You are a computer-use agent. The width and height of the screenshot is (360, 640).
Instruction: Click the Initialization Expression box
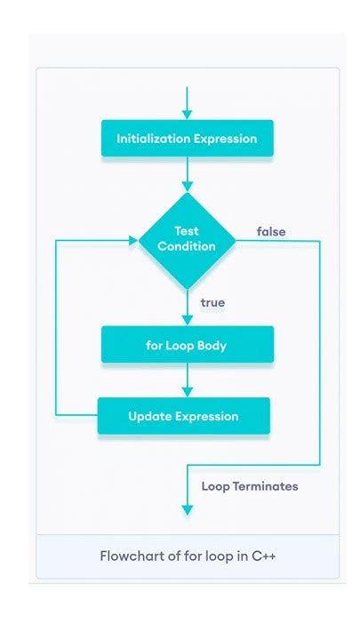187,139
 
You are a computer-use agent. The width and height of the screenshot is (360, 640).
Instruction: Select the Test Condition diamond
187,240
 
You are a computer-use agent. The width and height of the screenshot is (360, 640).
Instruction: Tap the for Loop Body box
187,345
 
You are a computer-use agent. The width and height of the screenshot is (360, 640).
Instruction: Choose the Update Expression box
183,416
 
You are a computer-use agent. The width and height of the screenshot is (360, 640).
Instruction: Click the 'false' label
271,232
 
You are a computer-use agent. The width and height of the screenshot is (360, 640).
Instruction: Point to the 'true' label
212,303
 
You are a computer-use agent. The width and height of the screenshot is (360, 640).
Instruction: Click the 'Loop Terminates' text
250,486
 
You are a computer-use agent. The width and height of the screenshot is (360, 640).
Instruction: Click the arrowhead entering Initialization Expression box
187,115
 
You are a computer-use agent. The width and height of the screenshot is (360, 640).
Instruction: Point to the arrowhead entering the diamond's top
187,187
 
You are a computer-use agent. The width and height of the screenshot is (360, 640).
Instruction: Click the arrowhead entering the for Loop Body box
187,320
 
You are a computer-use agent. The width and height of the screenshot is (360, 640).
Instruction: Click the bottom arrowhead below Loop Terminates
187,509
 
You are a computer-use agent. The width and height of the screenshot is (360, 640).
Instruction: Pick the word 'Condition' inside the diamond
187,246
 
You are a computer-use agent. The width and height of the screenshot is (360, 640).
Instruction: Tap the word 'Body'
211,345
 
